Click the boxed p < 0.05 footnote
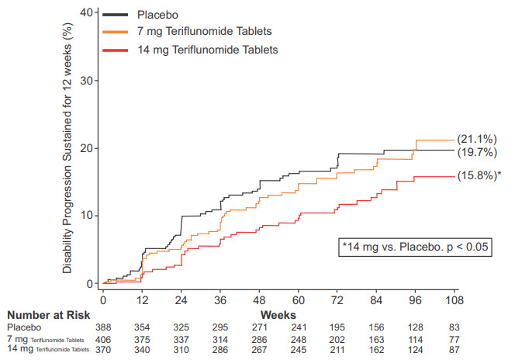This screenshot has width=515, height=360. (x=416, y=247)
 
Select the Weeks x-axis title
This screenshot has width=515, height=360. (x=278, y=315)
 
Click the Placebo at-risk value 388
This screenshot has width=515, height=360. (x=104, y=327)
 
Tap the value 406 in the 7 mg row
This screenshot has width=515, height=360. (x=104, y=339)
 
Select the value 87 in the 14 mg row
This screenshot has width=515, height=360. (x=453, y=351)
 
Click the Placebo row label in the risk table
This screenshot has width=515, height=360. (x=25, y=327)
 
